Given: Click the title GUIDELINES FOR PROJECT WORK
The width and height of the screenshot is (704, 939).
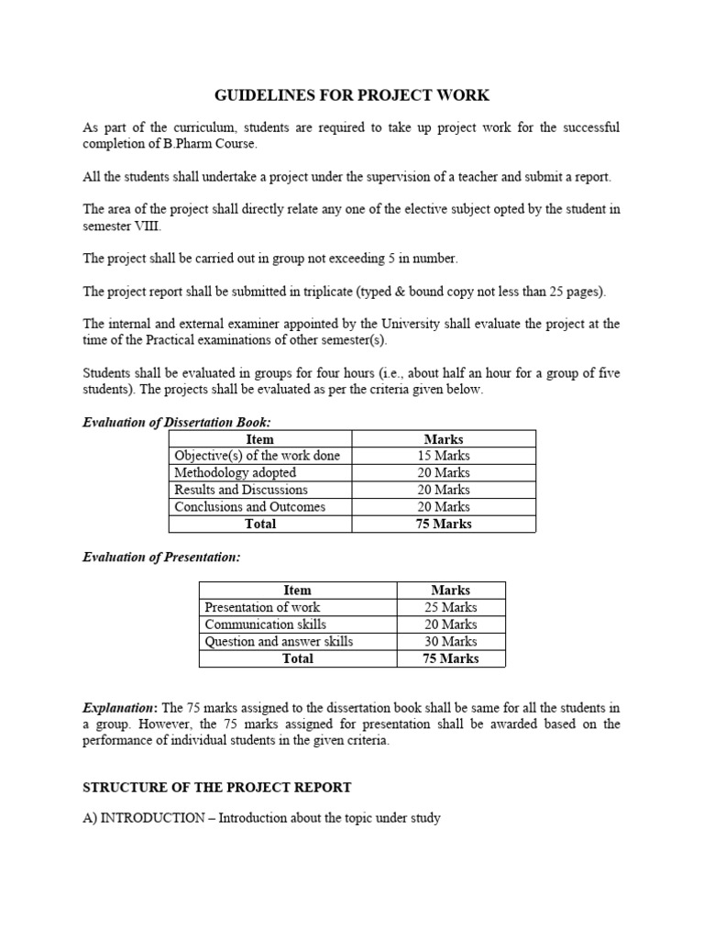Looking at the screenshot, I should [x=352, y=95].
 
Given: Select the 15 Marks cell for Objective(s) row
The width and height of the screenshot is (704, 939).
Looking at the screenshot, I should [x=444, y=456].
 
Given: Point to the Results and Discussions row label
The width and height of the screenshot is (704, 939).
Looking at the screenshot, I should [x=241, y=490].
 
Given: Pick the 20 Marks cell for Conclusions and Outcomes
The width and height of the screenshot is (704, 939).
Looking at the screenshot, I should [x=444, y=507].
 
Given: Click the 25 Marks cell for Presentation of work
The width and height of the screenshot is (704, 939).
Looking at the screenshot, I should [x=450, y=607].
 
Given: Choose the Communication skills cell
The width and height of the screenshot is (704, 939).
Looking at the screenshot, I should [x=265, y=624].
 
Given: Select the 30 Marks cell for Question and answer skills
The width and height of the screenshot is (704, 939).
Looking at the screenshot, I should [x=450, y=642].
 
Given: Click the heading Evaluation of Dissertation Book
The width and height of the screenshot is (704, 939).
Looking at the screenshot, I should [x=177, y=422].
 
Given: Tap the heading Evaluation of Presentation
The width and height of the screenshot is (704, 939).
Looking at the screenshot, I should [x=161, y=558].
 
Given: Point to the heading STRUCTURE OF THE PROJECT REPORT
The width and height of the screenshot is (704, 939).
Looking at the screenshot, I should [x=217, y=788].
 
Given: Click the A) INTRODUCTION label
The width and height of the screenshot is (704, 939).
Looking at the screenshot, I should [x=142, y=817].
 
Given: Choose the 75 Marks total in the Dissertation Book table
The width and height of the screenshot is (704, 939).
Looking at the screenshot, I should [x=444, y=525].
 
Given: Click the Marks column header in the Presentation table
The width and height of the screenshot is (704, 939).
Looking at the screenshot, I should [x=450, y=591].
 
